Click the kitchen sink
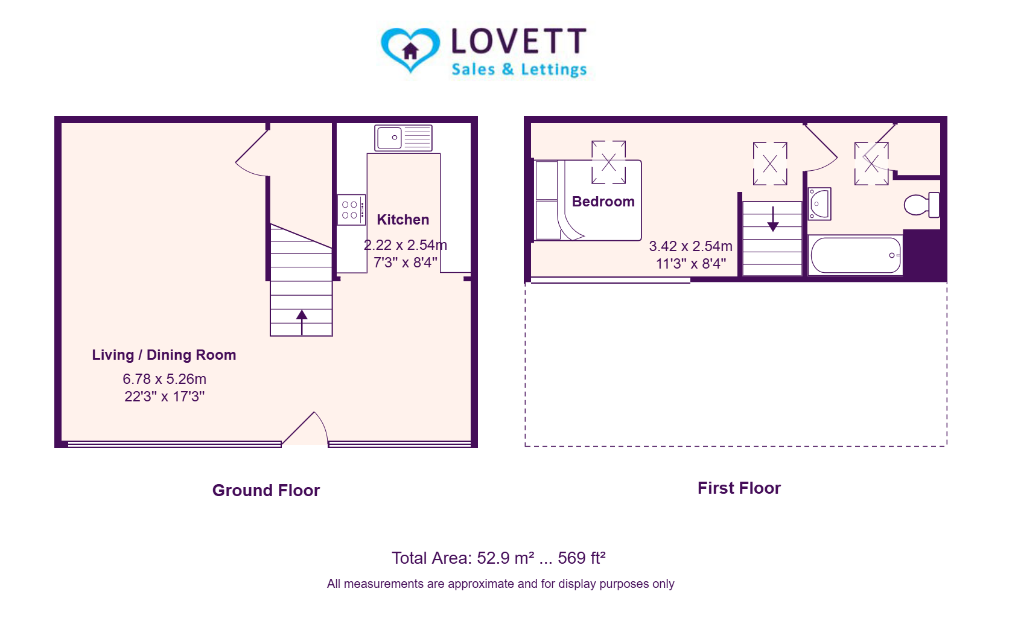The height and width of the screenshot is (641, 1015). pyautogui.click(x=403, y=138)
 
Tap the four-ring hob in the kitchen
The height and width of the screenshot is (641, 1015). pyautogui.click(x=352, y=210)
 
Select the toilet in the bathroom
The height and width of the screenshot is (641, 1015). pyautogui.click(x=921, y=205)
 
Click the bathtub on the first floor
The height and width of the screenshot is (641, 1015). pyautogui.click(x=856, y=255)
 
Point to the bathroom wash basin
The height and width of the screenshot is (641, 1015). pyautogui.click(x=819, y=203)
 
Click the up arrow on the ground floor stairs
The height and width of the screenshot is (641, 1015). pyautogui.click(x=302, y=322)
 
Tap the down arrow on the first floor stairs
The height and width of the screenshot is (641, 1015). pyautogui.click(x=773, y=220)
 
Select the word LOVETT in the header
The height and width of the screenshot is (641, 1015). pyautogui.click(x=519, y=41)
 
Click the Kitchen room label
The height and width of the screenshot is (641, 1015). pyautogui.click(x=403, y=220)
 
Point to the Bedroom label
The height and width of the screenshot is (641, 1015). pyautogui.click(x=603, y=202)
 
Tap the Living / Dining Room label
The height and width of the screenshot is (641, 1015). pyautogui.click(x=164, y=355)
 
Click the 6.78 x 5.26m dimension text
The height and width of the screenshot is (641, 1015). pyautogui.click(x=165, y=379)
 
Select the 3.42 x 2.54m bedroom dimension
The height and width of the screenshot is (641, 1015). pyautogui.click(x=690, y=246)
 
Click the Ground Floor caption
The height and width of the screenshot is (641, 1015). pyautogui.click(x=266, y=491)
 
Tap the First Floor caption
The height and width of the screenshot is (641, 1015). pyautogui.click(x=739, y=488)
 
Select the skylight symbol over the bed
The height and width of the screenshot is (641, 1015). pyautogui.click(x=608, y=162)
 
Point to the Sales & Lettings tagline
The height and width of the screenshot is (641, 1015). pyautogui.click(x=520, y=69)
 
